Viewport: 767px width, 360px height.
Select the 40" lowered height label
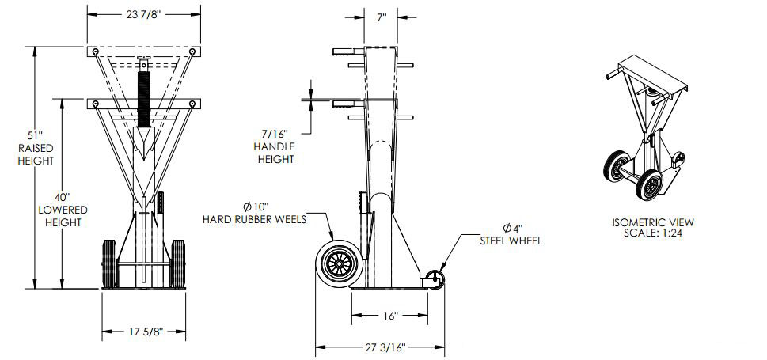[63, 209]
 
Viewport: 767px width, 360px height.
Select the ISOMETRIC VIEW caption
[653, 223]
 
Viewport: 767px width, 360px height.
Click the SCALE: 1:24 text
[653, 234]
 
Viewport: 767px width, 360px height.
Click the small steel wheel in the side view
[435, 278]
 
